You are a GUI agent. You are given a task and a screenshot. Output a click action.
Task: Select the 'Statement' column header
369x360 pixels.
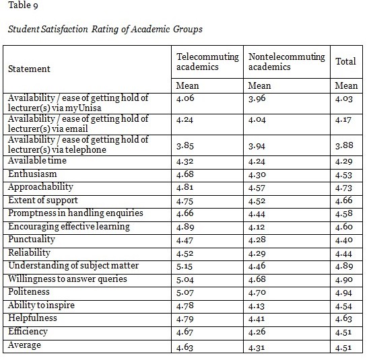[29, 69]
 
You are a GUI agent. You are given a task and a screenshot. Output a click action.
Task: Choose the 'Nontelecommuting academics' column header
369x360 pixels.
[286, 62]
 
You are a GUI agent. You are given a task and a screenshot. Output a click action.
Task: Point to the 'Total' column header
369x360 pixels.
[345, 61]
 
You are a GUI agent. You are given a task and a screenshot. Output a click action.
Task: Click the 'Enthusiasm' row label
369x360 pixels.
[33, 174]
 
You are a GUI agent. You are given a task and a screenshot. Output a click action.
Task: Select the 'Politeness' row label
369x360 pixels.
[28, 292]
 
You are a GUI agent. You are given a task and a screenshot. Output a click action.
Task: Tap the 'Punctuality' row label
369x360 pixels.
[32, 240]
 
